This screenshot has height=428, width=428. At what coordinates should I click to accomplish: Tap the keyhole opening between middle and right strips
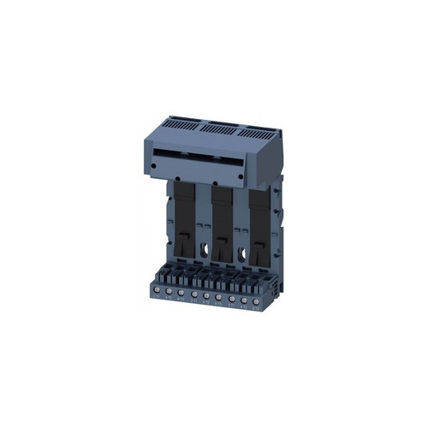coord(243,254)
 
